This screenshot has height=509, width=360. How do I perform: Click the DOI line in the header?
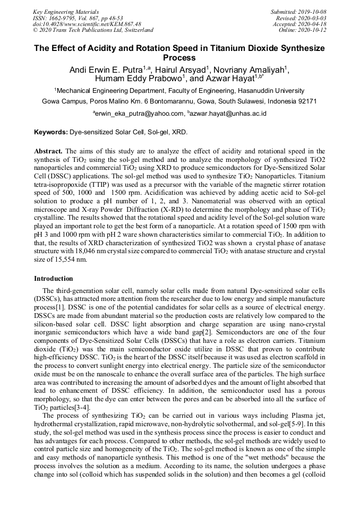coord(87,24)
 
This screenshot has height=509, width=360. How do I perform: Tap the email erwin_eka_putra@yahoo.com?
coord(140,113)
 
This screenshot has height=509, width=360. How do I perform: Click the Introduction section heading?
coord(54,278)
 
